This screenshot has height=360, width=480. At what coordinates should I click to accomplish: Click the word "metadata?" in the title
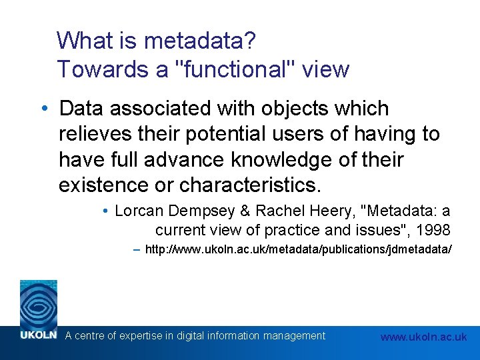(x=199, y=41)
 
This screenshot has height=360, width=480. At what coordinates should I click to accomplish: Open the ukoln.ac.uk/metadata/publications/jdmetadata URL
(x=298, y=249)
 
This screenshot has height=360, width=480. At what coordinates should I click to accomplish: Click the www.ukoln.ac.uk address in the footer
(x=423, y=337)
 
